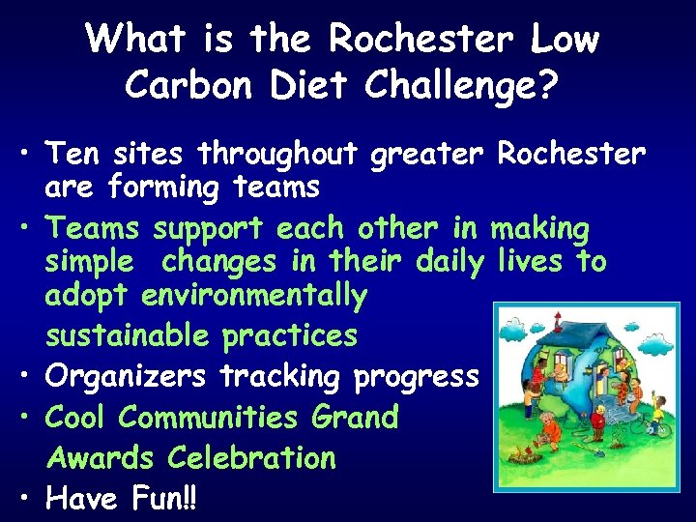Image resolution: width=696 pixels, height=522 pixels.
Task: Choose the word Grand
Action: click(356, 418)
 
